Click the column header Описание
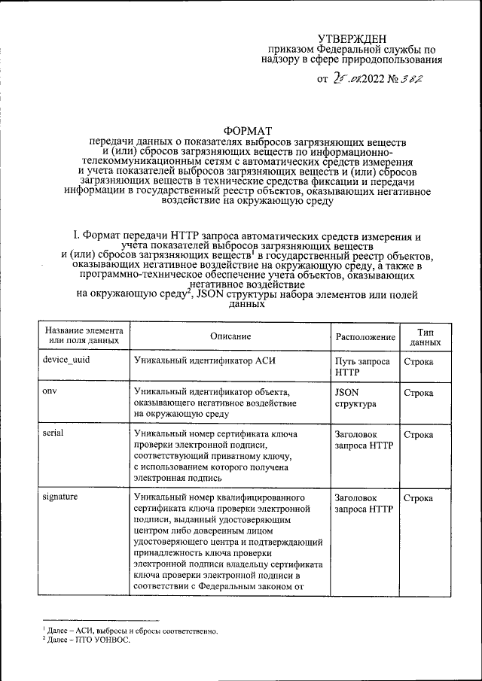pos(230,336)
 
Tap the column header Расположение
pos(365,336)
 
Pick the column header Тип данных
pos(425,336)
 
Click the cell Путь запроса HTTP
pos(362,366)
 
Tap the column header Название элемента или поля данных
pos(83,336)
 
